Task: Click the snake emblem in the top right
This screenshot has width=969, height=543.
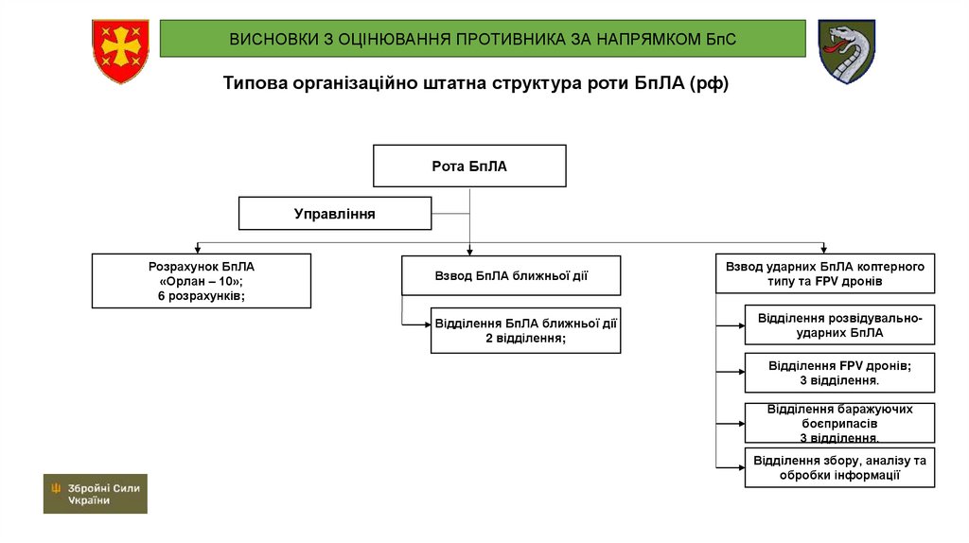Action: pyautogui.click(x=846, y=51)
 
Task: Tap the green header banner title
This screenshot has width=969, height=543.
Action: pyautogui.click(x=482, y=39)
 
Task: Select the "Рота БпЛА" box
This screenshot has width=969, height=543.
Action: pyautogui.click(x=469, y=166)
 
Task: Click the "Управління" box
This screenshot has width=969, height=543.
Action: pyautogui.click(x=335, y=214)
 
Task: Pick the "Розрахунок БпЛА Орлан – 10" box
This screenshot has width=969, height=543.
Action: pyautogui.click(x=202, y=281)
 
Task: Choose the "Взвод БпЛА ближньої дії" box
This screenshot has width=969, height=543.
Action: pyautogui.click(x=511, y=276)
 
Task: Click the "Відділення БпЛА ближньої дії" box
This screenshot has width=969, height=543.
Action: pyautogui.click(x=526, y=330)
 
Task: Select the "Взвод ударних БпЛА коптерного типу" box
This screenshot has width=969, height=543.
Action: pyautogui.click(x=825, y=274)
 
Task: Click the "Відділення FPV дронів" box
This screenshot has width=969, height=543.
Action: pyautogui.click(x=839, y=373)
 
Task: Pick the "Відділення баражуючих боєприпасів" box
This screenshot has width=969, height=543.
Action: pyautogui.click(x=839, y=423)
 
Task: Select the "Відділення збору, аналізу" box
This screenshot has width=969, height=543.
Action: pyautogui.click(x=839, y=467)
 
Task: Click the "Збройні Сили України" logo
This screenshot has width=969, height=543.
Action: pyautogui.click(x=95, y=494)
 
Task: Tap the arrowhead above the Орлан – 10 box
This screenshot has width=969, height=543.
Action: pyautogui.click(x=197, y=249)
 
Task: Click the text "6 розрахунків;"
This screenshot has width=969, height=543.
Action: pyautogui.click(x=202, y=297)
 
